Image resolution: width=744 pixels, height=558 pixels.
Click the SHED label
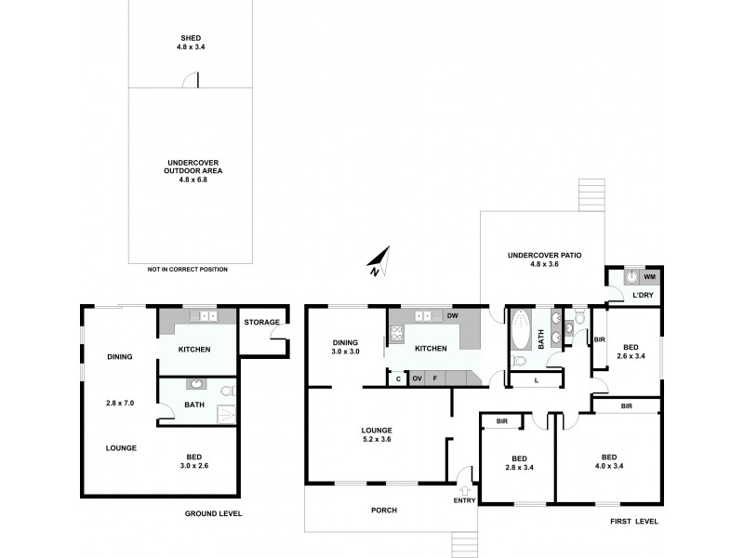point(191,37)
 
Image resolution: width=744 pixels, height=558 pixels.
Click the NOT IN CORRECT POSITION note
point(187,269)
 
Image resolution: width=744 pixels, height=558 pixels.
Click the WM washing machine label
point(649,276)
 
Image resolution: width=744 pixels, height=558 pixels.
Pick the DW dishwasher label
point(453,316)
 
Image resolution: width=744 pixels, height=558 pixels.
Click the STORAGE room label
point(261,322)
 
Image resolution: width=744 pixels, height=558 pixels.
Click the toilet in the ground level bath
point(227,392)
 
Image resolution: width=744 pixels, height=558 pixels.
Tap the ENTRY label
point(464,500)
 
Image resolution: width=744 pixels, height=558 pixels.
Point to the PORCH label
point(383,510)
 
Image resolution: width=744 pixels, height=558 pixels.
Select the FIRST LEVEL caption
point(634,521)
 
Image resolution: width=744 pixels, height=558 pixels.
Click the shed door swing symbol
point(191,82)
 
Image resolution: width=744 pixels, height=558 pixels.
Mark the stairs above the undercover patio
point(590,195)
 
